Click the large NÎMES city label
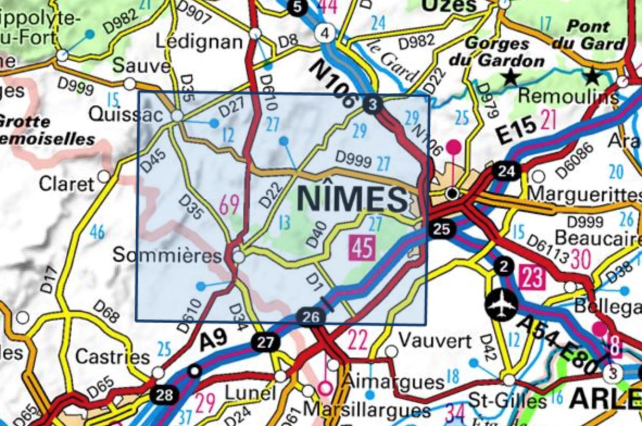[352, 199]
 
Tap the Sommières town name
[167, 255]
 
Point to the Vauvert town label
[435, 341]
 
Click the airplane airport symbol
[500, 305]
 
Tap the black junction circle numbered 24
[506, 171]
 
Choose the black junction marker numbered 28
[164, 394]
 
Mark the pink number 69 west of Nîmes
[229, 205]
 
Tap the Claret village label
[66, 184]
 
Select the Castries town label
[112, 356]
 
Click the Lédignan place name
[199, 41]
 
